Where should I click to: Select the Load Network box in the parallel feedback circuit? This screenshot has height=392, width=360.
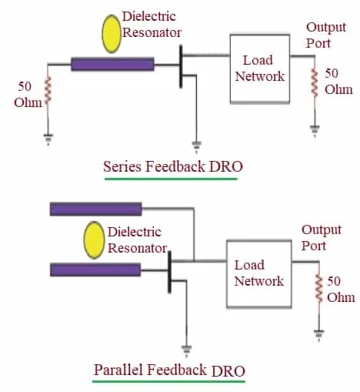click(258, 273)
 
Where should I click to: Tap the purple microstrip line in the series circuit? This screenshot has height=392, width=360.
click(112, 65)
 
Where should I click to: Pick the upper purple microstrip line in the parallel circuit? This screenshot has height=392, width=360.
click(95, 209)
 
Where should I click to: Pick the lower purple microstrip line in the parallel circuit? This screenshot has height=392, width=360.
click(95, 270)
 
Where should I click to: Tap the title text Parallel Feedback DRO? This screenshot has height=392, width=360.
click(169, 370)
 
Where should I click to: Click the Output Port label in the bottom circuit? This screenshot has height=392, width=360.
click(321, 238)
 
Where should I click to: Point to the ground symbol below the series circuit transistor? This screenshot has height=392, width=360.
click(195, 144)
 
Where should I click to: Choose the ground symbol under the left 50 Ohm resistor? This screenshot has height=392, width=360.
click(47, 138)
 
